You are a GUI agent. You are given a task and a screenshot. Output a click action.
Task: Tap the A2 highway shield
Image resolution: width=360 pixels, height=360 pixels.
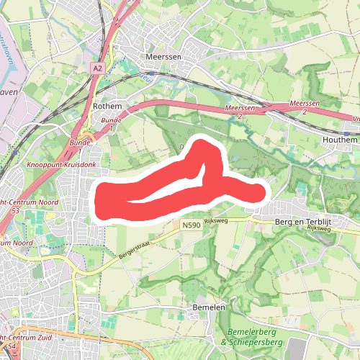pyautogui.click(x=98, y=67)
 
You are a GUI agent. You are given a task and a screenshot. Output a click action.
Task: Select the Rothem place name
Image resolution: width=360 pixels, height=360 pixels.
pyautogui.click(x=108, y=106)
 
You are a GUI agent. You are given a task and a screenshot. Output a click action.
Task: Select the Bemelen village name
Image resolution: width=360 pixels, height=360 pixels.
pyautogui.click(x=210, y=307)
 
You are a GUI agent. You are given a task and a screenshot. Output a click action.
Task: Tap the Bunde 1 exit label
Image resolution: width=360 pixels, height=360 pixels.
pyautogui.click(x=111, y=124)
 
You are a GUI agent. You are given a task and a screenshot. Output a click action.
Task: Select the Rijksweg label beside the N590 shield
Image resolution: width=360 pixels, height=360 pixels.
pyautogui.click(x=216, y=220)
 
